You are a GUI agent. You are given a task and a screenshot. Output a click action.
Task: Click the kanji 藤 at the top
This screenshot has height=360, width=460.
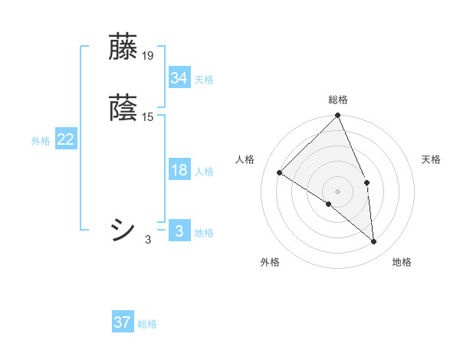[x=123, y=47]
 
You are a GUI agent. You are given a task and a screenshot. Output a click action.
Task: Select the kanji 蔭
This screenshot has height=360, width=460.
[x=123, y=108]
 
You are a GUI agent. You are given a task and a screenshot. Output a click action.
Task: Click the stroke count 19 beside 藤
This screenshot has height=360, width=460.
[x=148, y=56]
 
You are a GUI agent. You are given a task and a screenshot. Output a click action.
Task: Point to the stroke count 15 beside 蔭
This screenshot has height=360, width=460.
[x=148, y=117]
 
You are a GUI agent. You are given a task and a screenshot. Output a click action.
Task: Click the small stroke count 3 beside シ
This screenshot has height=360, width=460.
[x=148, y=240]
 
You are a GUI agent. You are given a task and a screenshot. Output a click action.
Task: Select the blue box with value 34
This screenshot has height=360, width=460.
[x=179, y=77]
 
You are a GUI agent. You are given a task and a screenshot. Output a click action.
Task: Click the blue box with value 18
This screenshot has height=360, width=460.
[x=179, y=170]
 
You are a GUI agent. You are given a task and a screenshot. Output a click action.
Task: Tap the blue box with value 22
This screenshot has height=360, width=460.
[x=66, y=139]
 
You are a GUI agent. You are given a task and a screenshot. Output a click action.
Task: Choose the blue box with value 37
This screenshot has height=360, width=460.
[x=122, y=322]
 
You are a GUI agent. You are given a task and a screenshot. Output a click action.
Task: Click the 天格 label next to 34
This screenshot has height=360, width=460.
[x=204, y=80]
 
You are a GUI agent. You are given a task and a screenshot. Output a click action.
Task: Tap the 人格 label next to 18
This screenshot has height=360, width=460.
[x=204, y=172]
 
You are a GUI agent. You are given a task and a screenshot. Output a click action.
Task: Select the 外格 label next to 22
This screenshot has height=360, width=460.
[x=41, y=141]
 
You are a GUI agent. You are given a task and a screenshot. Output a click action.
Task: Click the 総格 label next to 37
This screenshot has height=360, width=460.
[x=147, y=324]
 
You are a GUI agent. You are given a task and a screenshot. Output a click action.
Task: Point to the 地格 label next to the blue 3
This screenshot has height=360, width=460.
[x=204, y=233]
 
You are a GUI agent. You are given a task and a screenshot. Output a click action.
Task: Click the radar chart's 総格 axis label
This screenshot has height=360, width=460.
[x=338, y=100]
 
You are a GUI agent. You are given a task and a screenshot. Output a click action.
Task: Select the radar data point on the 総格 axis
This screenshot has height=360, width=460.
[x=338, y=116]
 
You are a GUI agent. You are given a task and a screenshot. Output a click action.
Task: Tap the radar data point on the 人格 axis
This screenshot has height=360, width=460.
[x=280, y=173]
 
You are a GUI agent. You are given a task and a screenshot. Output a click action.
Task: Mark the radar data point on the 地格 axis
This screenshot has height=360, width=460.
[x=373, y=241]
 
